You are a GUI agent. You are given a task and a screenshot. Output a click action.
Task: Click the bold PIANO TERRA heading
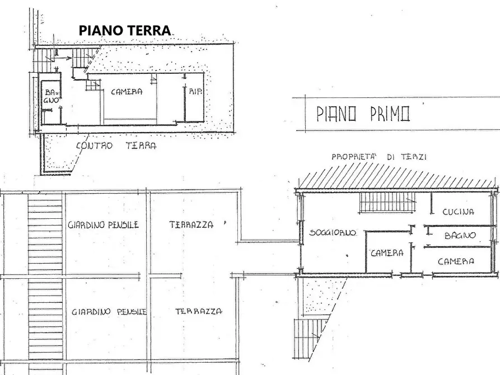(124, 30)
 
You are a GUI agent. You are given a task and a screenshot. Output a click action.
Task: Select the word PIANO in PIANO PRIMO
(337, 114)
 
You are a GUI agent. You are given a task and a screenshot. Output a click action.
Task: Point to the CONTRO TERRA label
(116, 146)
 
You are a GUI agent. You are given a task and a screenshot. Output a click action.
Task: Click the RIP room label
(195, 91)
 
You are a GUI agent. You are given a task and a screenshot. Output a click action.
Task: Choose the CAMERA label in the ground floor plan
(126, 92)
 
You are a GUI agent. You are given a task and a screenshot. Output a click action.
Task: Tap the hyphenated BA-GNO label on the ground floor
(50, 95)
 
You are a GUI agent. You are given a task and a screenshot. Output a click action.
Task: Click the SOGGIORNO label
(333, 233)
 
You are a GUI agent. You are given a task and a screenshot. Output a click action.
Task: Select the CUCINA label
(458, 212)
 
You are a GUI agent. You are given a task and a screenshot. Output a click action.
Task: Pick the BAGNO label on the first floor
(460, 236)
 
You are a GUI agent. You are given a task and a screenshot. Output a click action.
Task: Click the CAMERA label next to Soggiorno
(387, 253)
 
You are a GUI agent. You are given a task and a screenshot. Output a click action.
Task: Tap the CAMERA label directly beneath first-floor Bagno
(456, 261)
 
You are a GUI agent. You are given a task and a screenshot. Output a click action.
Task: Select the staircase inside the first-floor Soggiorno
(386, 202)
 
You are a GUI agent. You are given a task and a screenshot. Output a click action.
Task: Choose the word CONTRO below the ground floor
(94, 146)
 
